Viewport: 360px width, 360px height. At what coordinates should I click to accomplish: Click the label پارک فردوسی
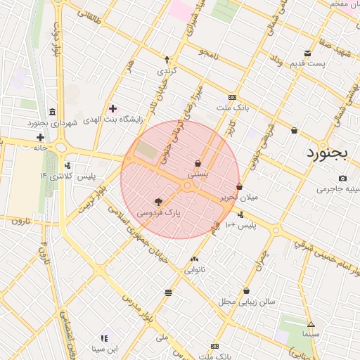tap(158, 212)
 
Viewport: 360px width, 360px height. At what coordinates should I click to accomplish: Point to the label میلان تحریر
tap(240, 198)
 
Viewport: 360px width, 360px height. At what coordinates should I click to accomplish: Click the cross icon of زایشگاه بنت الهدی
tap(112, 108)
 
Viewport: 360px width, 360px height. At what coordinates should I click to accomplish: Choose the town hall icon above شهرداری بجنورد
tap(53, 112)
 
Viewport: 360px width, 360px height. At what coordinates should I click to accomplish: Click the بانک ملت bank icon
tap(232, 97)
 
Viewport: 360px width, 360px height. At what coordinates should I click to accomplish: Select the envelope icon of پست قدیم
tap(307, 53)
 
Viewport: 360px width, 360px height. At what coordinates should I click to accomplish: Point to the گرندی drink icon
tap(167, 60)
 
